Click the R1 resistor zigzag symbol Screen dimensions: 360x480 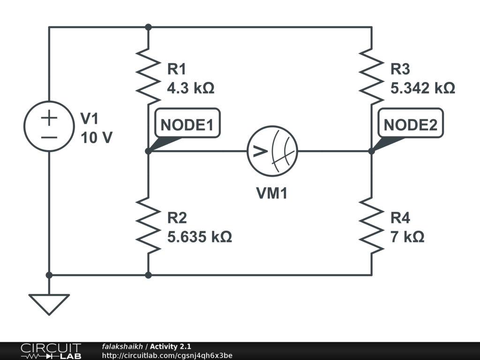148,77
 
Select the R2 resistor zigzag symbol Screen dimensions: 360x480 148,225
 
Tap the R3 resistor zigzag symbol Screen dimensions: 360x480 372,77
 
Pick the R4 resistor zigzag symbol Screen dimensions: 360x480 372,225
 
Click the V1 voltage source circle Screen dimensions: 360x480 49,126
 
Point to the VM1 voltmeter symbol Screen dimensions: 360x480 272,151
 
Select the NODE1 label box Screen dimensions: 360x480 187,125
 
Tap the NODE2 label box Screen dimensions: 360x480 411,125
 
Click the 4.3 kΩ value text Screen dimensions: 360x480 191,88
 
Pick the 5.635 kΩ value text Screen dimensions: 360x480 199,237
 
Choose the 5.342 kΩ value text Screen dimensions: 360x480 423,88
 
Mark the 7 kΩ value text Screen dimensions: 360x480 407,237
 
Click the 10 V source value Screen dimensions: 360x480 96,138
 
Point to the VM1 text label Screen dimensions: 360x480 272,193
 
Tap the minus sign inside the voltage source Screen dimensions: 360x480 49,137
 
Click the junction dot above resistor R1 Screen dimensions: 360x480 148,27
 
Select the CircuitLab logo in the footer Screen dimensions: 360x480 50,351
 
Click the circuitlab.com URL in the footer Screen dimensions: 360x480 167,356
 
